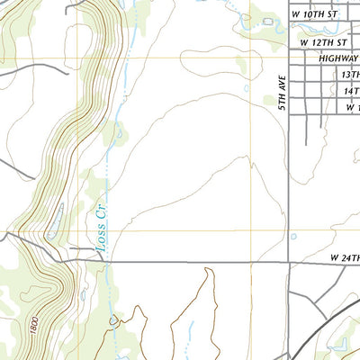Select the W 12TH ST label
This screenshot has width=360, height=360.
pyautogui.click(x=323, y=42)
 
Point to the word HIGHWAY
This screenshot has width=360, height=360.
pyautogui.click(x=337, y=58)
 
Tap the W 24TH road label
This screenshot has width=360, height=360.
pyautogui.click(x=343, y=258)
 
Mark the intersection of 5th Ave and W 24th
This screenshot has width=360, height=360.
pyautogui.click(x=288, y=263)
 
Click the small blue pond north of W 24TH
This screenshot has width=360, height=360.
pyautogui.click(x=293, y=237)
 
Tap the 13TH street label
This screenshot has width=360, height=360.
pyautogui.click(x=349, y=76)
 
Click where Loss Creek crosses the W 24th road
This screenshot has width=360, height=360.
pyautogui.click(x=104, y=262)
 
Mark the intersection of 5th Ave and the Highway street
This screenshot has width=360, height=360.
pyautogui.click(x=288, y=58)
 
